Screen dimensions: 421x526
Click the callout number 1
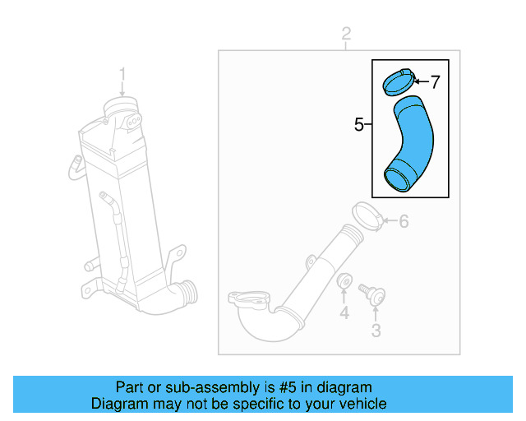click(122, 75)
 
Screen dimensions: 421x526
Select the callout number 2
click(346, 34)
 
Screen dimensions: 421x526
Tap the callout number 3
click(376, 331)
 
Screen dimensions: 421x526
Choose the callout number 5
click(358, 125)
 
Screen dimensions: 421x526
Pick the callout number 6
click(404, 221)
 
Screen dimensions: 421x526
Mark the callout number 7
click(436, 81)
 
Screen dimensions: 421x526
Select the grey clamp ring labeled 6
click(367, 215)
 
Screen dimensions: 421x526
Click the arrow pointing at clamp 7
click(421, 81)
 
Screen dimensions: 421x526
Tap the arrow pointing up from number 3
click(376, 312)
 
